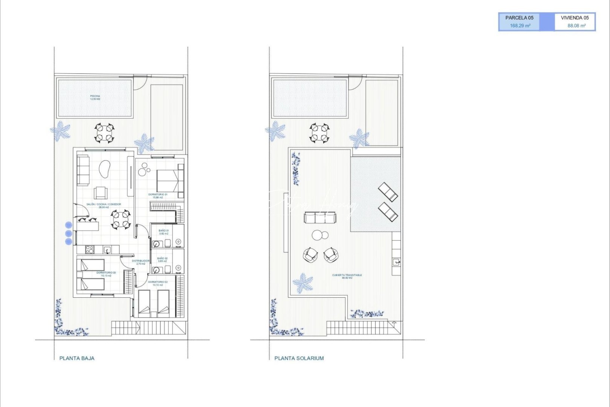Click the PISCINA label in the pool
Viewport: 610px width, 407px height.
[95, 97]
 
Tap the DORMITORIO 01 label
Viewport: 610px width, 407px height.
[158, 196]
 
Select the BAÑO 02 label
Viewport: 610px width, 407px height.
[163, 260]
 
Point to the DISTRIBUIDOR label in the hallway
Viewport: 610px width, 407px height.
[140, 262]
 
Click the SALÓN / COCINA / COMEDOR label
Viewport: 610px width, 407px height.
[104, 205]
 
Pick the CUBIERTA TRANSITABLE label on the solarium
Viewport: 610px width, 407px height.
[347, 276]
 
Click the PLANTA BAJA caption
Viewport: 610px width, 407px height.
[77, 358]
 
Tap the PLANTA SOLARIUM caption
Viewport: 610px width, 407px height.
[299, 358]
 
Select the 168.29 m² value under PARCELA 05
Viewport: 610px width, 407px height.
[520, 26]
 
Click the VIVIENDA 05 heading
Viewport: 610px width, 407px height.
[575, 18]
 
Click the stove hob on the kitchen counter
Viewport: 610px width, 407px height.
[90, 249]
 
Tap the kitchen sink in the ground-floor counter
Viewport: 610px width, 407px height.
[107, 249]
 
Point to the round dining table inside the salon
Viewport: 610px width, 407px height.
[121, 219]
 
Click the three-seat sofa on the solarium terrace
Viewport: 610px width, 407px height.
[320, 217]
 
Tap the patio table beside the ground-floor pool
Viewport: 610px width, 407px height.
[104, 133]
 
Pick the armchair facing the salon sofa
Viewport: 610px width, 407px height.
[101, 193]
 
